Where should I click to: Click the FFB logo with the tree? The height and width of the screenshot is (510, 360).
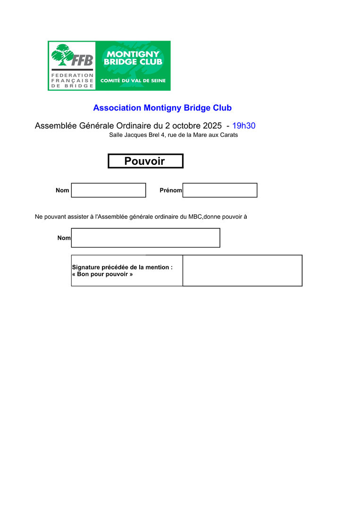[x=72, y=66]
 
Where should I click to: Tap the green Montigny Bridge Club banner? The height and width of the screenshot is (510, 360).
[x=133, y=65]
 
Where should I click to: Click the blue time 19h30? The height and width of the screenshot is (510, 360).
[x=244, y=126]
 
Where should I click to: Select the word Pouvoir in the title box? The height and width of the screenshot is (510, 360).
[x=144, y=161]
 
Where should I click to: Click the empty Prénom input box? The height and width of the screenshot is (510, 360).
[x=220, y=190]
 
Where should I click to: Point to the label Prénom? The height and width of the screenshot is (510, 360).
[x=171, y=190]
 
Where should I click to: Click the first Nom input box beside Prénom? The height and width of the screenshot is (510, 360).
[x=109, y=190]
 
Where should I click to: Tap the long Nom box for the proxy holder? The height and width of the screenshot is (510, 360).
[x=145, y=238]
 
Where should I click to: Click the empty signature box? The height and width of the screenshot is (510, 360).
[x=242, y=271]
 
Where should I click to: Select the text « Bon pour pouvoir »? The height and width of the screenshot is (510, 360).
[x=102, y=274]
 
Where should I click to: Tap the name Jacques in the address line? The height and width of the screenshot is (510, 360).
[x=134, y=135]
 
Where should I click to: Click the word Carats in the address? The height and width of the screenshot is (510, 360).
[x=228, y=135]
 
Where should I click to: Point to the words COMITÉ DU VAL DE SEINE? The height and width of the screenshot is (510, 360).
[x=133, y=81]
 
